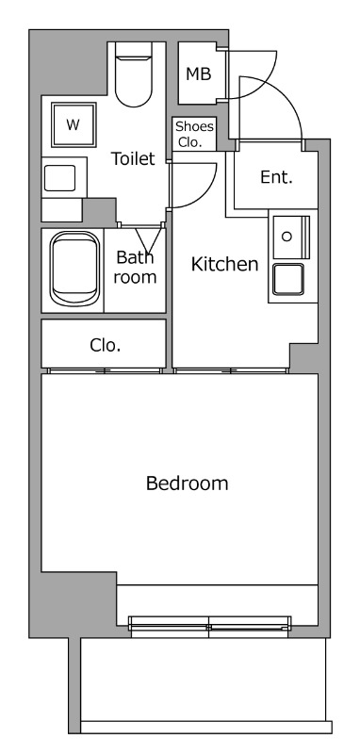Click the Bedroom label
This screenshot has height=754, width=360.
tap(187, 483)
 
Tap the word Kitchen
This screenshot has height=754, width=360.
tap(224, 264)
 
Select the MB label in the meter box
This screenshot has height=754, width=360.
tap(199, 74)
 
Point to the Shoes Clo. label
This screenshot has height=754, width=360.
tap(194, 134)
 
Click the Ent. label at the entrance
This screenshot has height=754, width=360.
tap(276, 177)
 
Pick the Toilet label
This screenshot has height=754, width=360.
tap(133, 158)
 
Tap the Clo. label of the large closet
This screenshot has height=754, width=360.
tap(106, 345)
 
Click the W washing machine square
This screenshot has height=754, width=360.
tap(74, 124)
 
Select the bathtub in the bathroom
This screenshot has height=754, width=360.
tap(74, 269)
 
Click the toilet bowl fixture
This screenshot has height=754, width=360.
tap(134, 74)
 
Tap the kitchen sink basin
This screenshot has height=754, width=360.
tap(288, 279)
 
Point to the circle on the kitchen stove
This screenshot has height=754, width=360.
tap(286, 237)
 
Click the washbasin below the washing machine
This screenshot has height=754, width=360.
tap(60, 178)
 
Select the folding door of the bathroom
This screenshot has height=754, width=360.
tap(148, 239)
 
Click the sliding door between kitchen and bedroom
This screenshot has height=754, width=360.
tap(231, 370)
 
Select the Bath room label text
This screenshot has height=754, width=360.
tap(135, 268)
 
